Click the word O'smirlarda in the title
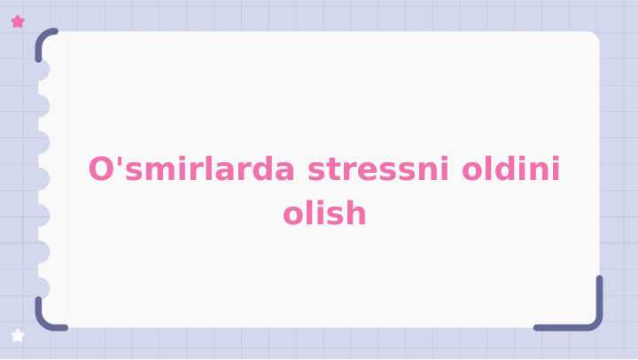click(193, 168)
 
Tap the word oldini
click(511, 168)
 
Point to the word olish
click(324, 214)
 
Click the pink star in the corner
click(18, 21)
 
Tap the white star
click(18, 335)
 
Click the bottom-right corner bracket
click(585, 315)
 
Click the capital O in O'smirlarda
click(101, 168)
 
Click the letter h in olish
click(354, 213)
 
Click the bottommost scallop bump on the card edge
click(41, 288)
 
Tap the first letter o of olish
click(293, 215)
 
